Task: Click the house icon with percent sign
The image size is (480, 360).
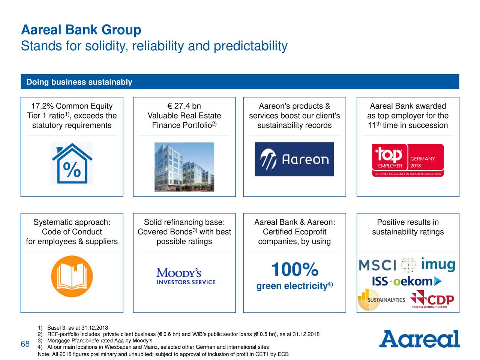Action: [x=72, y=163]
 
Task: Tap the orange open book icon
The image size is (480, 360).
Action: [x=72, y=276]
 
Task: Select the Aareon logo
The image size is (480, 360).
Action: [x=294, y=159]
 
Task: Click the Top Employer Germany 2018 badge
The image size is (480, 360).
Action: [x=408, y=160]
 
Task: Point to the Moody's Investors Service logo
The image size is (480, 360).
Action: [x=186, y=276]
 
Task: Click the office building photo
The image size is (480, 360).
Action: [x=184, y=167]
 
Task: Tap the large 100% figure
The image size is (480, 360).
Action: [x=295, y=269]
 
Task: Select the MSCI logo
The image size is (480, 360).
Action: [x=378, y=265]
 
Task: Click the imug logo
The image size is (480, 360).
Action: [x=438, y=264]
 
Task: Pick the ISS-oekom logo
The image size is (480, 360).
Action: [x=407, y=281]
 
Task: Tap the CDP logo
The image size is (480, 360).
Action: [x=432, y=299]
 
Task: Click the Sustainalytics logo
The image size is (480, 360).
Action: [x=381, y=300]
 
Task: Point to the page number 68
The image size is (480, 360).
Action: [x=25, y=344]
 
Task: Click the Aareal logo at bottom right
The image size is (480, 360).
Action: [x=419, y=339]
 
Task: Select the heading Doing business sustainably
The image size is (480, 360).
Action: [x=79, y=82]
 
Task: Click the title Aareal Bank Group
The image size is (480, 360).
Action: [x=81, y=30]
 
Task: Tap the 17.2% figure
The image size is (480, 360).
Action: [x=42, y=106]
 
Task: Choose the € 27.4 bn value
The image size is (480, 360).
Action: [x=184, y=106]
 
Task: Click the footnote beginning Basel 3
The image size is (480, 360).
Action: [x=73, y=328]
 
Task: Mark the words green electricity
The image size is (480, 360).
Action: [x=292, y=286]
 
